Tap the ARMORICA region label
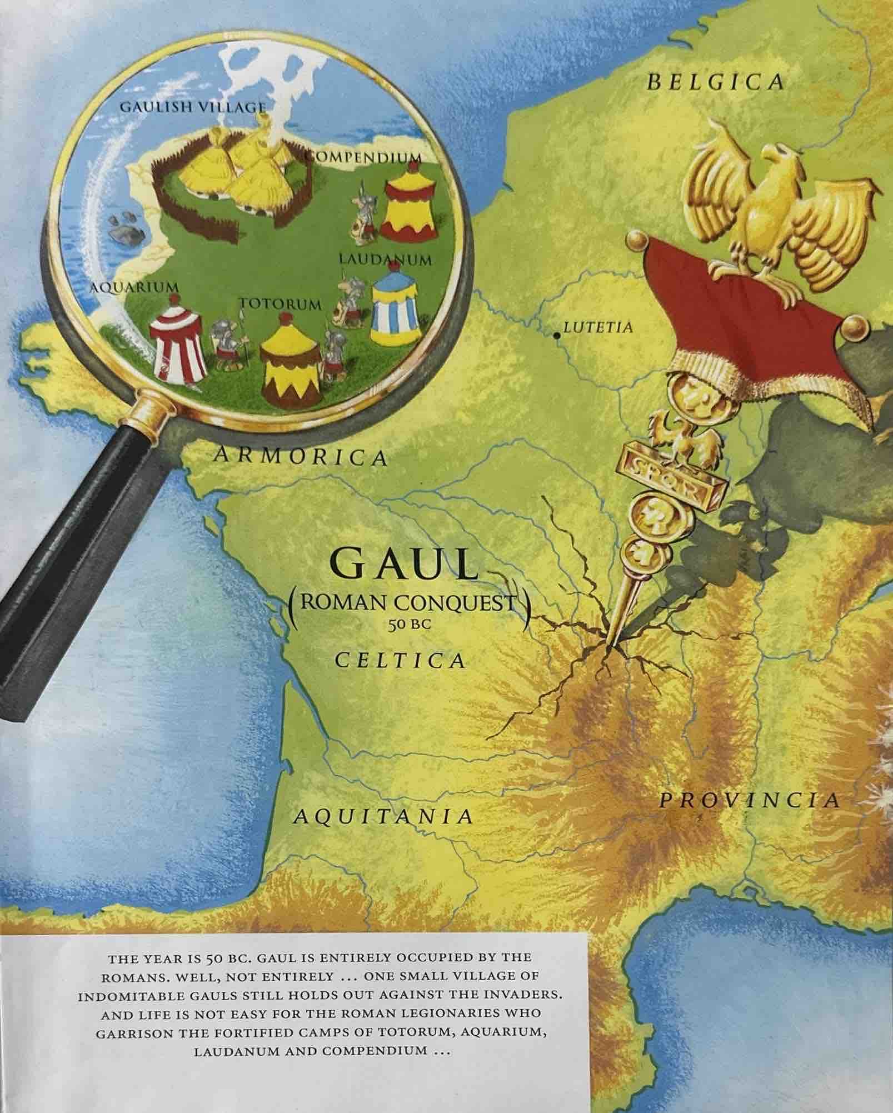(300, 457)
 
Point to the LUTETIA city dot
(556, 335)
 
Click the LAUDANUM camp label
(385, 259)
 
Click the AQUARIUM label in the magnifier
(135, 287)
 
